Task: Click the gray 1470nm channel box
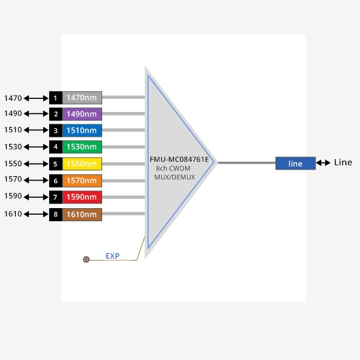click(x=82, y=98)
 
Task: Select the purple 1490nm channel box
click(x=82, y=114)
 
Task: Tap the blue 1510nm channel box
click(x=82, y=130)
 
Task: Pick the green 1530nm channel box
click(x=82, y=147)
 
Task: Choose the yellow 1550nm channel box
click(x=82, y=164)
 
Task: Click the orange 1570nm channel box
click(x=82, y=181)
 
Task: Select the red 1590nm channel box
click(x=82, y=197)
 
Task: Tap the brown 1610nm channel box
click(x=82, y=215)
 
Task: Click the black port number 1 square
click(x=56, y=98)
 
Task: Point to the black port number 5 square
click(x=56, y=164)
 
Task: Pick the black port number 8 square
click(x=56, y=215)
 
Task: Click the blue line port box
click(x=295, y=163)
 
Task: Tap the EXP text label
click(x=113, y=256)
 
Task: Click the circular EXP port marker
click(x=86, y=259)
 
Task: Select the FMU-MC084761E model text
click(x=179, y=159)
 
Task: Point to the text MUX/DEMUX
click(x=175, y=177)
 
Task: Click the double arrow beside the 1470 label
click(x=36, y=98)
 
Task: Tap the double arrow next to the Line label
click(x=323, y=163)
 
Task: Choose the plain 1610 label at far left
click(x=13, y=214)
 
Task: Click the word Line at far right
click(x=343, y=162)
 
